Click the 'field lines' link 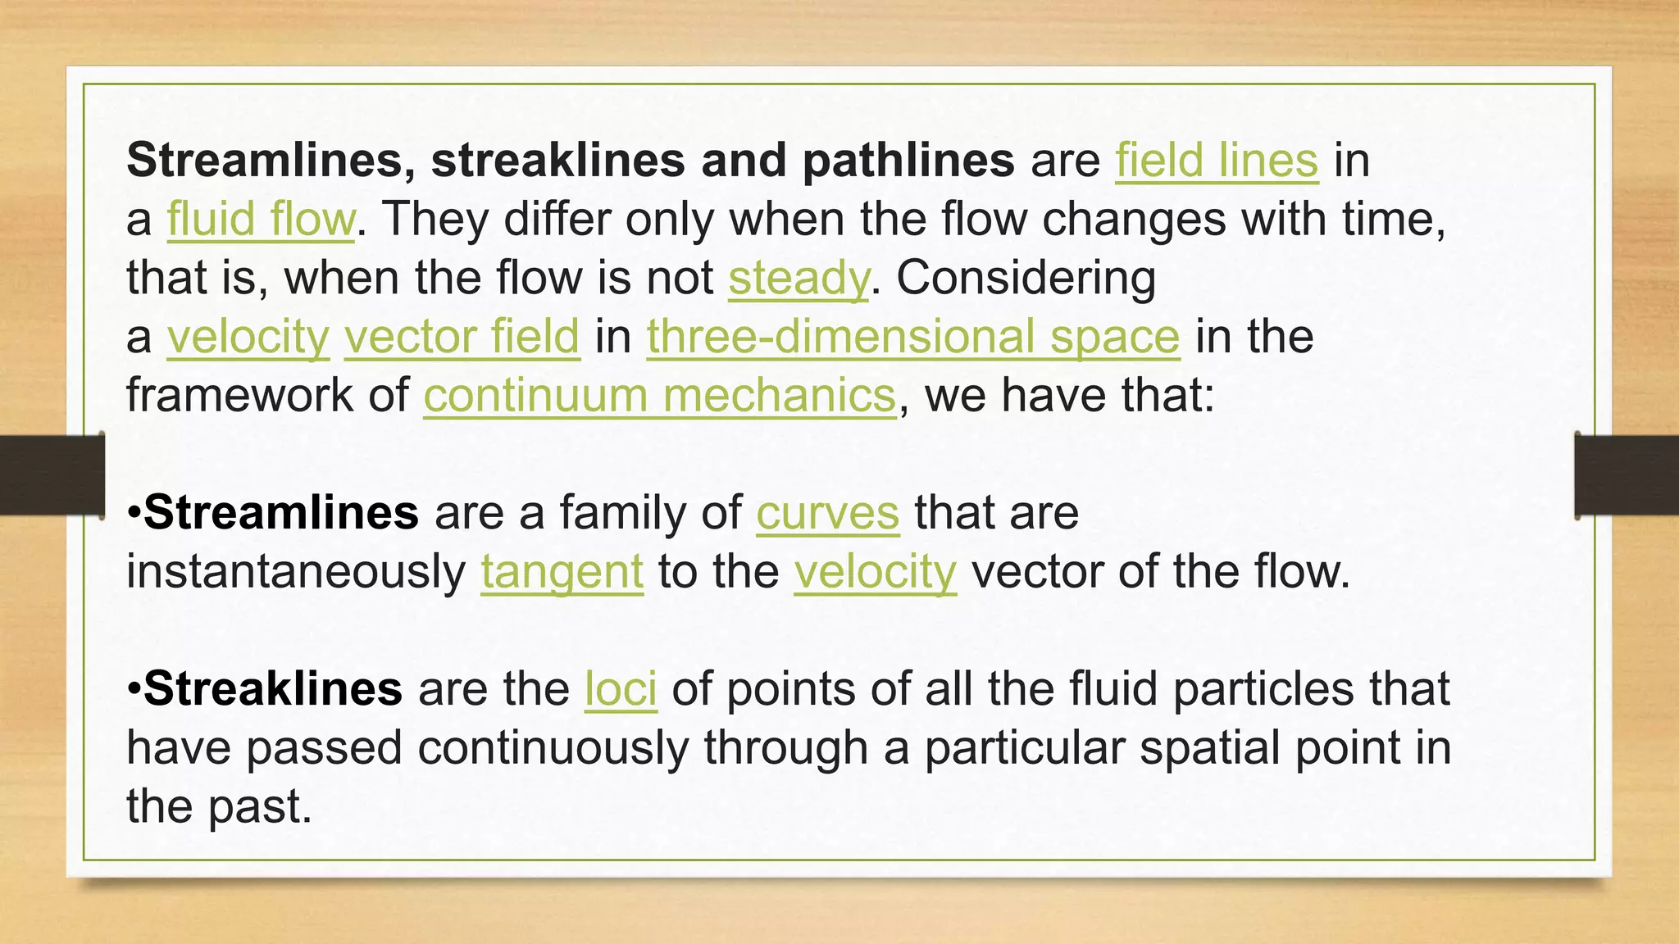click(1217, 160)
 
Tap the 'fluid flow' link click(261, 219)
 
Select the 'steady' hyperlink click(798, 278)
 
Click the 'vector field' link click(462, 337)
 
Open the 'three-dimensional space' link click(913, 337)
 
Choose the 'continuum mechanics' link click(660, 396)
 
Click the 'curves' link click(827, 514)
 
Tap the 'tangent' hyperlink click(562, 572)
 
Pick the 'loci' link click(621, 689)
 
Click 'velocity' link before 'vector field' click(248, 337)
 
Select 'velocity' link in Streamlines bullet click(875, 572)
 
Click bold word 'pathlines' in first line click(908, 160)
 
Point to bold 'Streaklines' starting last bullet click(273, 689)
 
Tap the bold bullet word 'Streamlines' click(281, 514)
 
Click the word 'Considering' click(1026, 278)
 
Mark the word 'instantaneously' click(296, 572)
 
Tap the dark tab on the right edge click(1627, 475)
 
